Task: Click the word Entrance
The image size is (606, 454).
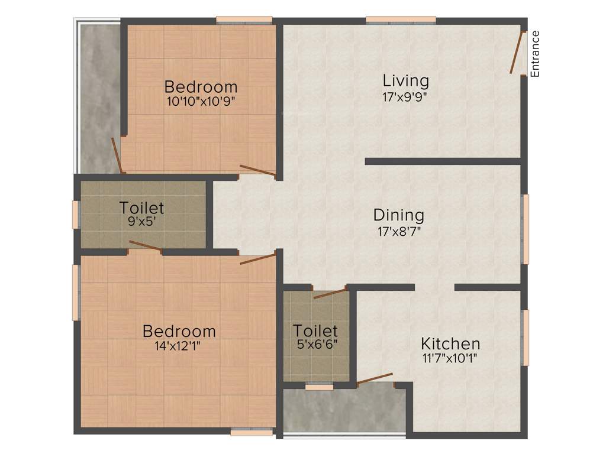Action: (535, 54)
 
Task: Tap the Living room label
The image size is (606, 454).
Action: (405, 80)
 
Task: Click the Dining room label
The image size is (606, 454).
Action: (398, 215)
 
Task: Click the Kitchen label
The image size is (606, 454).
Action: (450, 343)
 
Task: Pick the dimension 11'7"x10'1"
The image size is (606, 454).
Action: (450, 357)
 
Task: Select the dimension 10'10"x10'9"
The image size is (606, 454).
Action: (201, 100)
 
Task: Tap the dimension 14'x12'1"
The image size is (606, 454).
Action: (179, 346)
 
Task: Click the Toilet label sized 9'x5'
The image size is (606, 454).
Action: (141, 207)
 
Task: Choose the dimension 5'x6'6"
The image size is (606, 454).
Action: (317, 343)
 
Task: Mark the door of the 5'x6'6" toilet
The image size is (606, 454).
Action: (330, 293)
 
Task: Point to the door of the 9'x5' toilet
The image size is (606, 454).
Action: (145, 247)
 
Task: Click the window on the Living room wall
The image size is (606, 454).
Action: (401, 21)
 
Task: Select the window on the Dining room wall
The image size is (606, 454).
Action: (525, 229)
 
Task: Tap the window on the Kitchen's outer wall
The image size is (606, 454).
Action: (525, 337)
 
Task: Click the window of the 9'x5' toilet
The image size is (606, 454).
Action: (76, 215)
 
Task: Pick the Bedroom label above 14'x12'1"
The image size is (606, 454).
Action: (179, 331)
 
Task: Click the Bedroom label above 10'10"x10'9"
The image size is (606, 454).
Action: (201, 86)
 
